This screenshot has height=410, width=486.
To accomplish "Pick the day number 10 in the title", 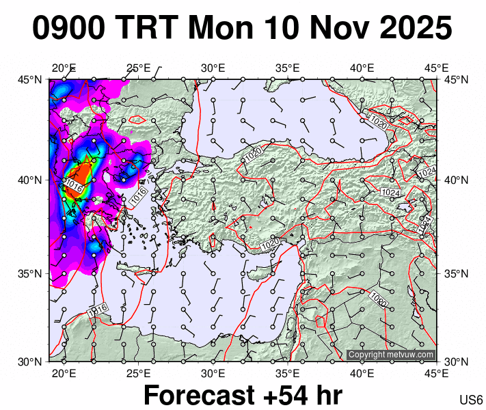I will pos(281,29).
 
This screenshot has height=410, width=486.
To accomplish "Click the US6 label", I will pos(472,400).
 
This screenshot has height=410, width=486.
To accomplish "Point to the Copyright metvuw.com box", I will pos(391,355).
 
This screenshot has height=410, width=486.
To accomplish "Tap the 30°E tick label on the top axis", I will pos(213,68).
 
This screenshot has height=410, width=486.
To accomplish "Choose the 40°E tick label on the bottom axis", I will pos(362,373).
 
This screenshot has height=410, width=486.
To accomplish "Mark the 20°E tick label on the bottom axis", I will pos(64,373).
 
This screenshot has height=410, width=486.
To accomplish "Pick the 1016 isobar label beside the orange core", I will pos(75,186).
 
